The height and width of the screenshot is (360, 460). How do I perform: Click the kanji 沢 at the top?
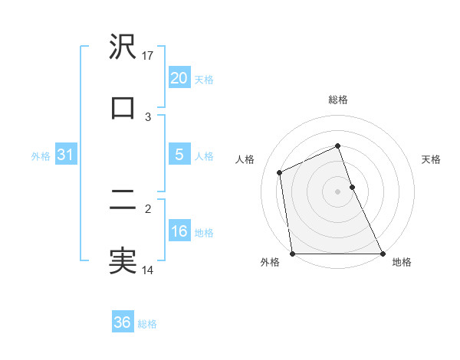123,48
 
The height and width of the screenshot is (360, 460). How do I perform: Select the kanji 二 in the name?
123,200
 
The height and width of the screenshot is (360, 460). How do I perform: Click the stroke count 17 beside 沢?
149,56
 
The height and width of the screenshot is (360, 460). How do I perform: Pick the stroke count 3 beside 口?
149,116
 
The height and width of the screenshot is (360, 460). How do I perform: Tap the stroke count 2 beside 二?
149,208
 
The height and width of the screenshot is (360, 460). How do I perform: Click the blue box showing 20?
179,78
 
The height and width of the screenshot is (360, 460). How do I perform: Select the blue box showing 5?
179,155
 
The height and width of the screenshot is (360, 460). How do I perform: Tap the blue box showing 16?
179,231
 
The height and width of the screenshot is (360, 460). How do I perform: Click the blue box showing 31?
66,155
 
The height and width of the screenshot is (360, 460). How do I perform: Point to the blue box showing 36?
123,322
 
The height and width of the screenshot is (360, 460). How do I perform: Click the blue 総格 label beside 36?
147,324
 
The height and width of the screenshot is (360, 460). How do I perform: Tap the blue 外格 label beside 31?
41,156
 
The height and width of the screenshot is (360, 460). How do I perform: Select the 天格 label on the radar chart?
431,159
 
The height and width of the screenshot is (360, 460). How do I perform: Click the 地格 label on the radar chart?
402,262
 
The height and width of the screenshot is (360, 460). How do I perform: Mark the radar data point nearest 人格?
280,172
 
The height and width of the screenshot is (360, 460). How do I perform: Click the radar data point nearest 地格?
382,254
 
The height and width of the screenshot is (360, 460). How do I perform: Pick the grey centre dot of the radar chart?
337,191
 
